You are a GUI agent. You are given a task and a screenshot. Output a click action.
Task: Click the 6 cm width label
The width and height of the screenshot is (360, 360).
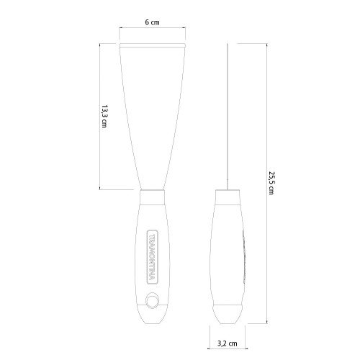[152, 23]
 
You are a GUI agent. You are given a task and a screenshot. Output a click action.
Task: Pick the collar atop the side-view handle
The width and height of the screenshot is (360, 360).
[228, 194]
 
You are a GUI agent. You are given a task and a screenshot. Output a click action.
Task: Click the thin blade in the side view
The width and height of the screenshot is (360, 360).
[228, 115]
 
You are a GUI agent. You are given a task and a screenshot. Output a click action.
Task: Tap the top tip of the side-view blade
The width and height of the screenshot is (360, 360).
[228, 42]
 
